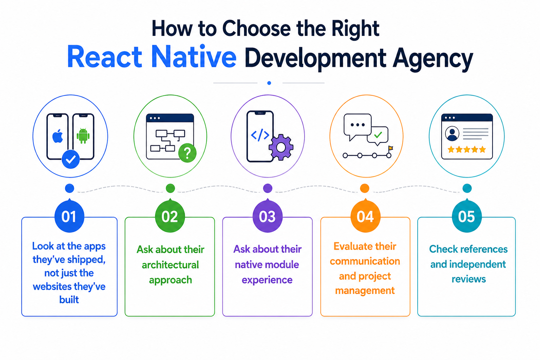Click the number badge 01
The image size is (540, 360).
pyautogui.click(x=69, y=216)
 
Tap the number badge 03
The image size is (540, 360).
pyautogui.click(x=267, y=216)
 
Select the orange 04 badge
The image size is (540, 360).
pyautogui.click(x=365, y=216)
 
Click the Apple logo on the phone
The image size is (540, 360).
pyautogui.click(x=58, y=136)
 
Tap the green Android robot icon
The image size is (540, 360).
pyautogui.click(x=83, y=136)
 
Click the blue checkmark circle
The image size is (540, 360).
pyautogui.click(x=71, y=159)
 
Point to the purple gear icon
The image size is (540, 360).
pyautogui.click(x=281, y=147)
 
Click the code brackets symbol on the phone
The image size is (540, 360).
pyautogui.click(x=260, y=135)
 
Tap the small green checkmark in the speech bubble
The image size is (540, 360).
pyautogui.click(x=378, y=135)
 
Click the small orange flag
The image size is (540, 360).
pyautogui.click(x=391, y=148)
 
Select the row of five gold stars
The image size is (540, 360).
pyautogui.click(x=467, y=150)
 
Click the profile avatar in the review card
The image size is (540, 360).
pyautogui.click(x=452, y=133)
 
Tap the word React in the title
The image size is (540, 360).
pyautogui.click(x=104, y=57)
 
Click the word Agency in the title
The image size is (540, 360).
pyautogui.click(x=433, y=58)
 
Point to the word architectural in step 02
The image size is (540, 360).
pyautogui.click(x=170, y=265)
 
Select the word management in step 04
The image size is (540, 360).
pyautogui.click(x=365, y=291)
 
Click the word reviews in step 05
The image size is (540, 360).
pyautogui.click(x=469, y=279)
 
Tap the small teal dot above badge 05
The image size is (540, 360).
pyautogui.click(x=467, y=188)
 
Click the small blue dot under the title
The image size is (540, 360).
pyautogui.click(x=269, y=83)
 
